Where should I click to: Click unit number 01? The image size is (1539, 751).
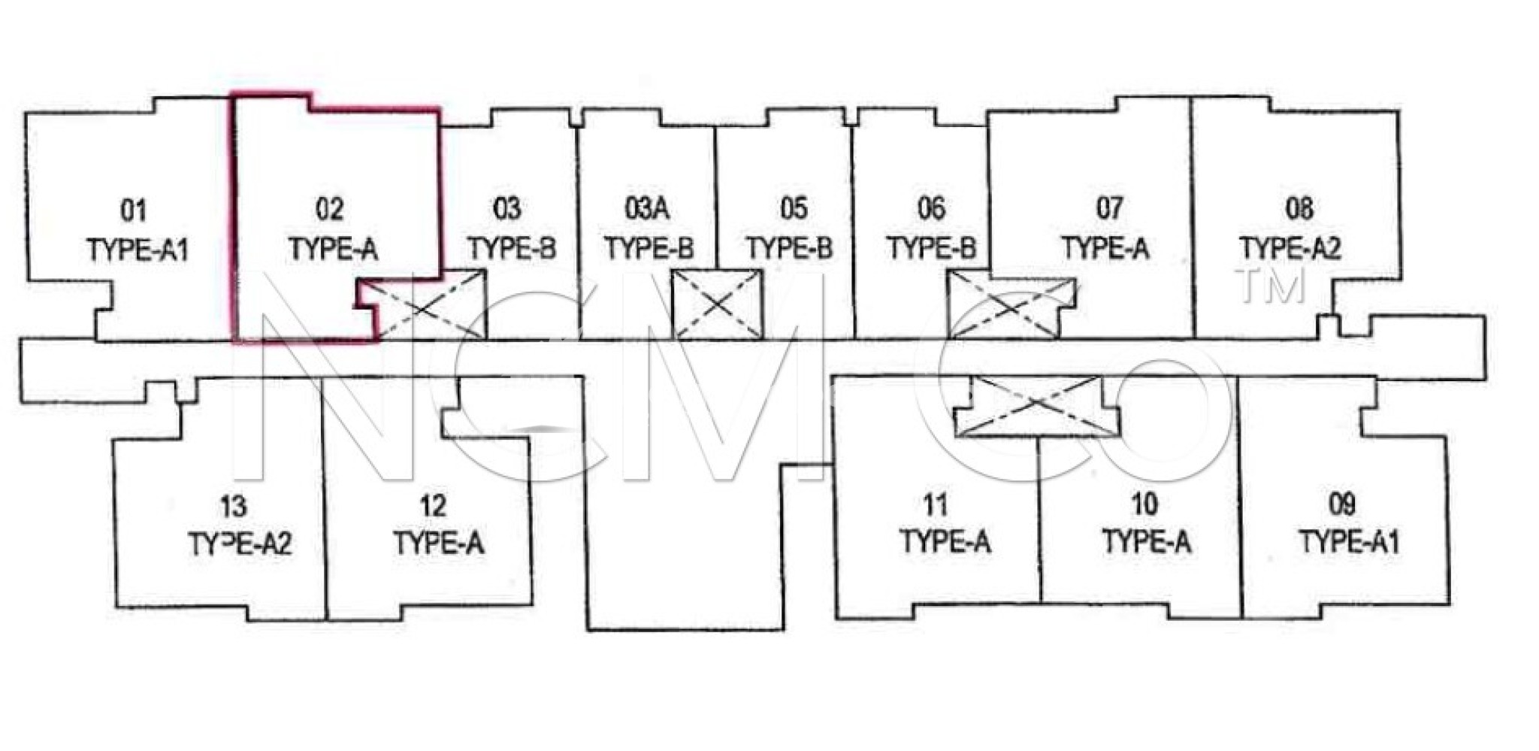point(134,211)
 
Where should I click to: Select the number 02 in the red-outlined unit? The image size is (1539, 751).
point(330,210)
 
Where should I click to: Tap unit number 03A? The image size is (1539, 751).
point(647,208)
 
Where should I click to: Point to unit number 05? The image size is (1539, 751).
point(794,208)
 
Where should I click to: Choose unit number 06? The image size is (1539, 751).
point(931,208)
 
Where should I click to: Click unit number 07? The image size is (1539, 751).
point(1110,208)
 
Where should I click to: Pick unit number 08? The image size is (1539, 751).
point(1299,208)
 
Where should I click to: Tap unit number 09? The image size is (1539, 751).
point(1342,504)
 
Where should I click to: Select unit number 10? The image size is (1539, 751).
point(1144,504)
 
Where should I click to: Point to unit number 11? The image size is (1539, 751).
point(936,504)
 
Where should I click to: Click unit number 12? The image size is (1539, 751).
point(434,506)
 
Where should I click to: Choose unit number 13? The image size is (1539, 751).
point(234,507)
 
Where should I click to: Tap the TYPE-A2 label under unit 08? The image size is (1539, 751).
point(1290,248)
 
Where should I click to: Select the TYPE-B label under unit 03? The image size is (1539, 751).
point(512,248)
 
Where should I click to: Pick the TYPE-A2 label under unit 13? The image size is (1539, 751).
point(240,544)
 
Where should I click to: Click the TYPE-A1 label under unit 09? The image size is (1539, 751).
point(1350,542)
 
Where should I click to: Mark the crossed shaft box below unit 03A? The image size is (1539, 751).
point(717,304)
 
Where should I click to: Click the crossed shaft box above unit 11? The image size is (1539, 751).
point(1036,406)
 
